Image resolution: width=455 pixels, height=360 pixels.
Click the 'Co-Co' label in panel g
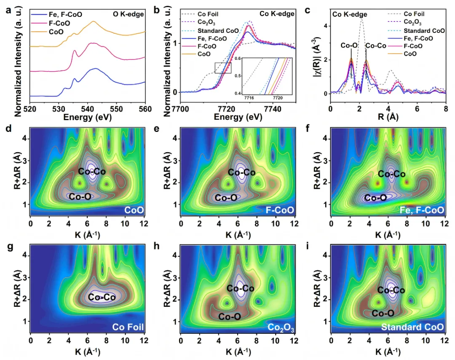coord(102,297)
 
